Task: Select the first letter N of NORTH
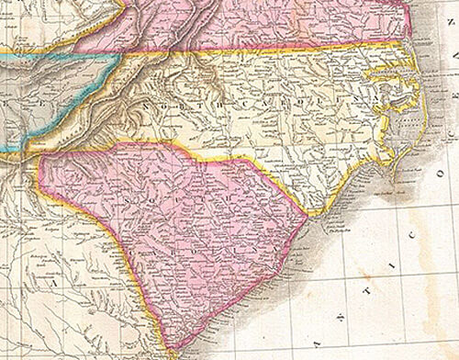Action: tap(146, 107)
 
